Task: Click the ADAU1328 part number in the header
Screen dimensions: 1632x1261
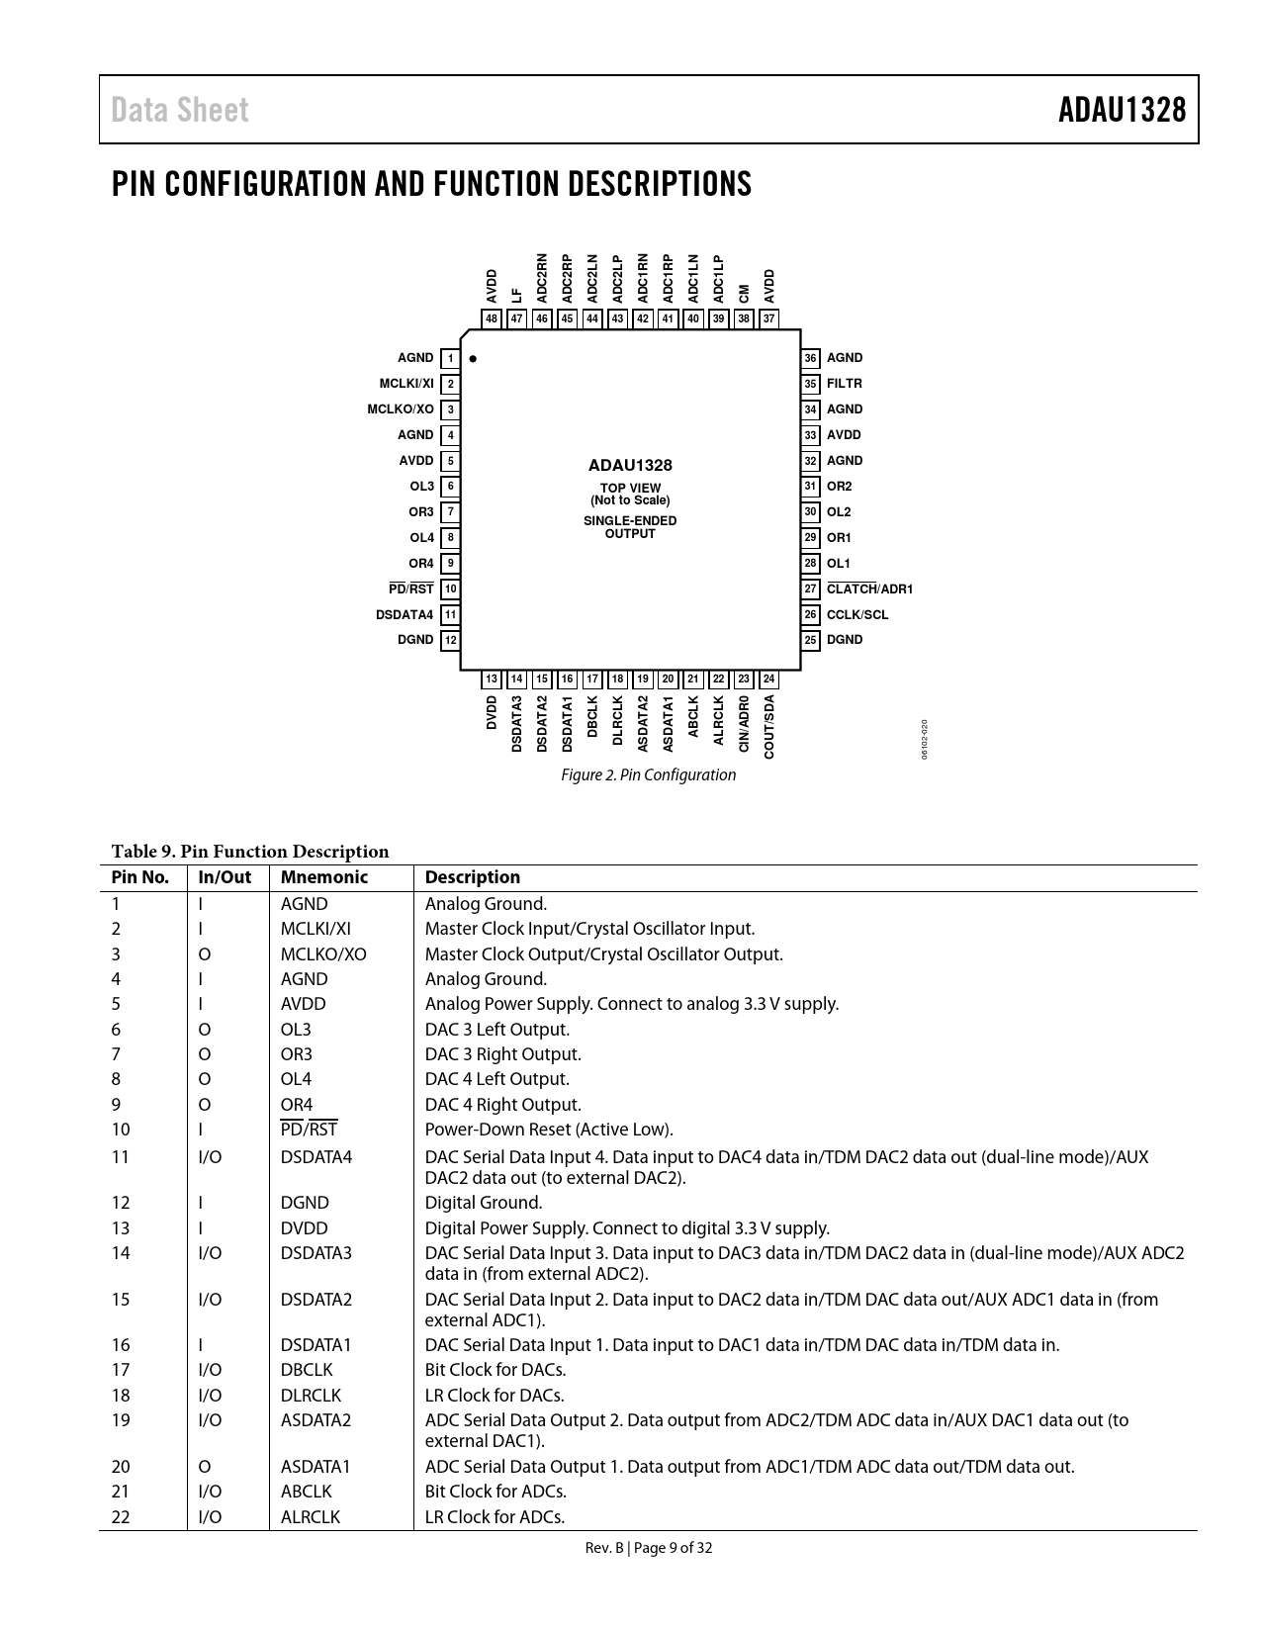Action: point(1122,110)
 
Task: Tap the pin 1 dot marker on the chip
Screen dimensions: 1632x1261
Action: point(473,359)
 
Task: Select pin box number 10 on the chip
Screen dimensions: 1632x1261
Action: point(450,589)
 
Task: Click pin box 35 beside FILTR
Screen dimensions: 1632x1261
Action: point(811,384)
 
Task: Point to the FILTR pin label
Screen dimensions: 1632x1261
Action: point(845,384)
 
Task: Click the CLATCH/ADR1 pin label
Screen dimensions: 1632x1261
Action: point(869,589)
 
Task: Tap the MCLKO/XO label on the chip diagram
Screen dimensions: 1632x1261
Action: point(401,409)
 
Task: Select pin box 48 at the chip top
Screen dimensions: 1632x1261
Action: point(492,318)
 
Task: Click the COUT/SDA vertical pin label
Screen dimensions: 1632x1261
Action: point(769,726)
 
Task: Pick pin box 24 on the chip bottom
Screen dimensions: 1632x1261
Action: point(768,680)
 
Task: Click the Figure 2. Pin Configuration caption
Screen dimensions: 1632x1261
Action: point(648,775)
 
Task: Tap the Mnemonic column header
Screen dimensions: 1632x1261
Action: point(323,877)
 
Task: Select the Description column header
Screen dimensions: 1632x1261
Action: point(472,877)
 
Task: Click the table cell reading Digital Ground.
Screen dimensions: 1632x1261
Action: point(484,1203)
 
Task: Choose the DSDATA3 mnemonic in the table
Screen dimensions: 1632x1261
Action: point(315,1253)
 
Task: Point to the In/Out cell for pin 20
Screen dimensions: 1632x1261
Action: point(205,1467)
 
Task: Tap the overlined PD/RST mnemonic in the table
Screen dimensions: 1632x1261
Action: point(309,1130)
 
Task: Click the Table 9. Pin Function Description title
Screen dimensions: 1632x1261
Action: point(250,852)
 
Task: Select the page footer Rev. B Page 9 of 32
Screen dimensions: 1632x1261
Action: point(648,1548)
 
